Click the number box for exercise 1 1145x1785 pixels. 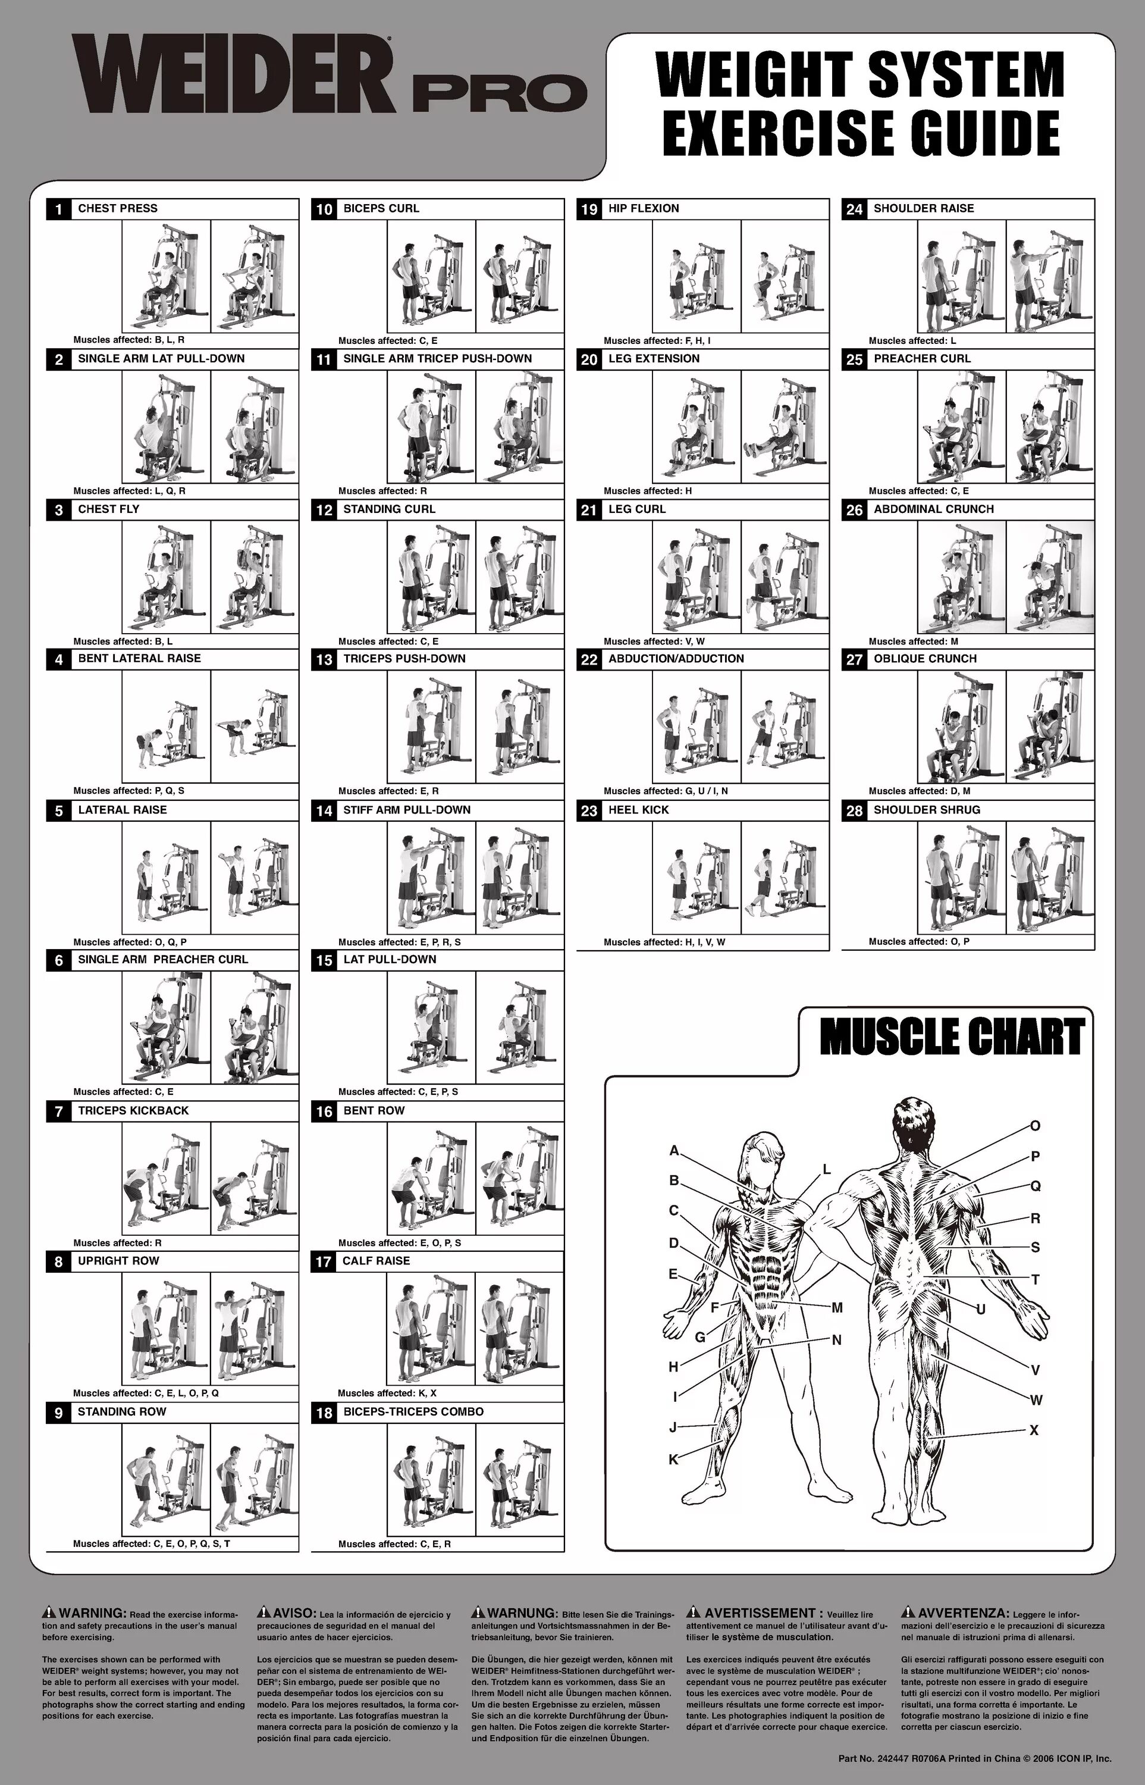point(58,209)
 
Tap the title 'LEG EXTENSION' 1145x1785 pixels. point(654,358)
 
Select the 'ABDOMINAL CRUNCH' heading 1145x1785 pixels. point(933,509)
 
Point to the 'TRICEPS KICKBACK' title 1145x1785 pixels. point(133,1110)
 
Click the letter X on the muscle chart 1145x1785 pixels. point(1034,1429)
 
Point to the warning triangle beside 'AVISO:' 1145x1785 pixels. point(264,1612)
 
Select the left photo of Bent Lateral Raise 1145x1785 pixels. point(166,726)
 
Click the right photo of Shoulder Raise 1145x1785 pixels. point(1050,276)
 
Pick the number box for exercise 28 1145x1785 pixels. point(854,810)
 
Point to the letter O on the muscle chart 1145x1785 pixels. point(1034,1126)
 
